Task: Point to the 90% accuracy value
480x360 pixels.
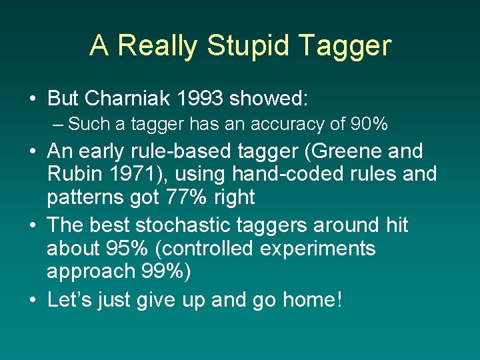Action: (371, 124)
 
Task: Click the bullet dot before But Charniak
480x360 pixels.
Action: (33, 99)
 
